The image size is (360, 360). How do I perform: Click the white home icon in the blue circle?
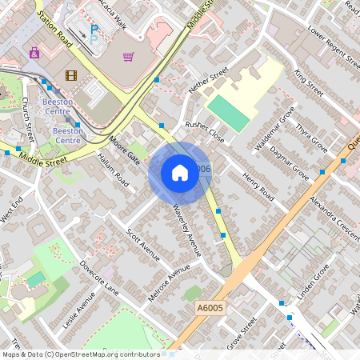point(179,173)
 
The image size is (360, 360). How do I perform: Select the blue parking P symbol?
point(94,32)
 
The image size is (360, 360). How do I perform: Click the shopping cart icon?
point(128,57)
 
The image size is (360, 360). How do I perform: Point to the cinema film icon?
point(72,76)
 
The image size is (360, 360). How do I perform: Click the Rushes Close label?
point(205,131)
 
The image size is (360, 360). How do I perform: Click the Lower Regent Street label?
point(329,46)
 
